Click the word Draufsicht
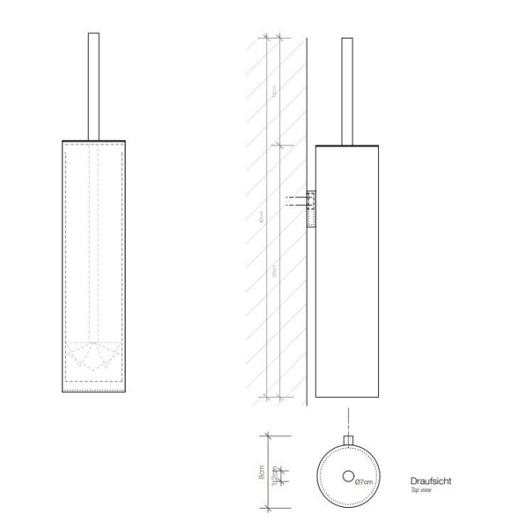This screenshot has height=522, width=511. tap(431, 480)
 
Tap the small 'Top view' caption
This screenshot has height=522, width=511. tap(420, 490)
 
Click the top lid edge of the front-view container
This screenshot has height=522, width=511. tap(94, 141)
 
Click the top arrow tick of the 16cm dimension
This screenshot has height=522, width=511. tap(267, 36)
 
